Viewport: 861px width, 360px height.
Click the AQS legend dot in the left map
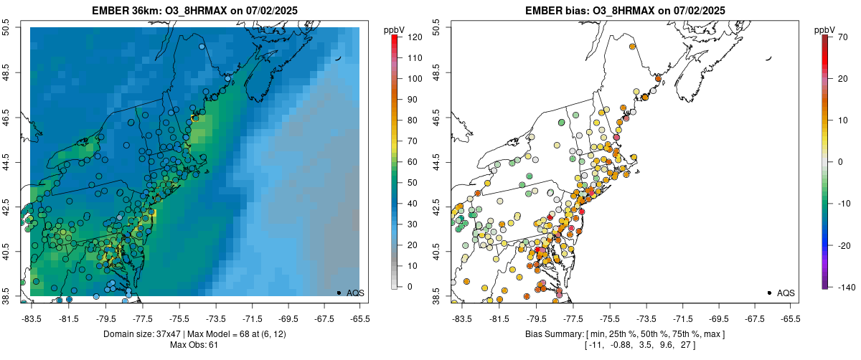click(339, 293)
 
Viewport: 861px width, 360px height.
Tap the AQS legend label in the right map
click(786, 293)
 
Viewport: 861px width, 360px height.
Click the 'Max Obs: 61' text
click(194, 345)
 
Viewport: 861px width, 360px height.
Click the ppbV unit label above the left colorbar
click(395, 29)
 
